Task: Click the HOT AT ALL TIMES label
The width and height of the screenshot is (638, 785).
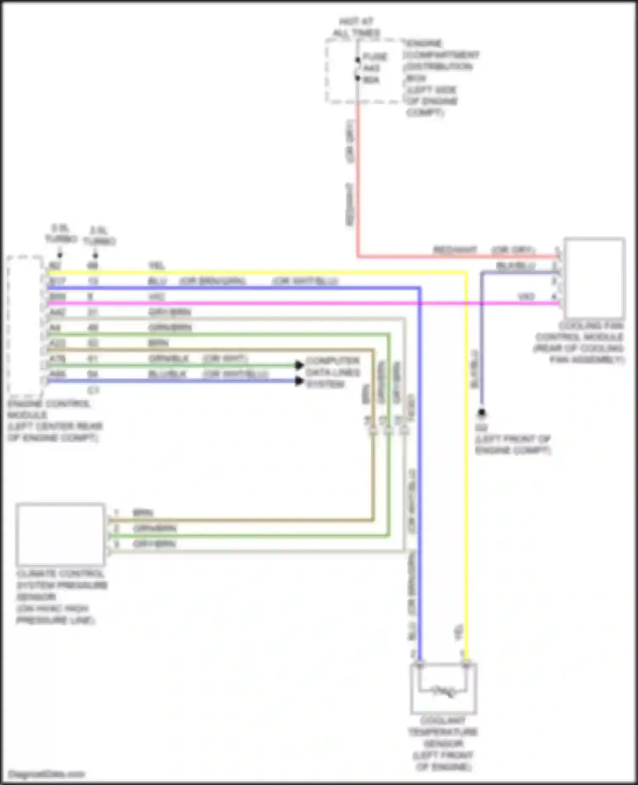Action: (356, 27)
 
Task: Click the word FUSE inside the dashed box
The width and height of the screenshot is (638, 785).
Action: (375, 57)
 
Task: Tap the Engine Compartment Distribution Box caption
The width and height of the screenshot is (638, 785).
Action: (441, 78)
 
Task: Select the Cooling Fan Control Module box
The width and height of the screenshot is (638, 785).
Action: (594, 279)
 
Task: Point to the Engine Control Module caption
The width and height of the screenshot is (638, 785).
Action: (55, 421)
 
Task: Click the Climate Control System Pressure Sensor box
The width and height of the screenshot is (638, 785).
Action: (60, 535)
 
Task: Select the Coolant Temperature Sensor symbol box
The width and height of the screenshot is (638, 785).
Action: (443, 688)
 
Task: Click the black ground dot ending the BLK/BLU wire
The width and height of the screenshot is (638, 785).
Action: (481, 412)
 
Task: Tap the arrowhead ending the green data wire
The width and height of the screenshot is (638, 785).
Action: (299, 365)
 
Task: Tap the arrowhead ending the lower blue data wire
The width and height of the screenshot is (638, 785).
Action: (299, 381)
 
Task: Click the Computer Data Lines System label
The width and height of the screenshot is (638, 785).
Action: (333, 373)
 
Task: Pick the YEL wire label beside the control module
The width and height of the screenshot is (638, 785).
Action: (157, 266)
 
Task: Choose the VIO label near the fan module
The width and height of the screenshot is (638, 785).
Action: (526, 296)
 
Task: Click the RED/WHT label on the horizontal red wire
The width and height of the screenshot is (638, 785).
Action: (455, 250)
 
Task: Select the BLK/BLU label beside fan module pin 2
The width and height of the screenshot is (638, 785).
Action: (516, 266)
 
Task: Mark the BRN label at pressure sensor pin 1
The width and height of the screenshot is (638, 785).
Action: (143, 512)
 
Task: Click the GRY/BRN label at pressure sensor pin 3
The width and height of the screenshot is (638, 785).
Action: (154, 544)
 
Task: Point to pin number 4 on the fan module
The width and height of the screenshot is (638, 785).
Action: (554, 296)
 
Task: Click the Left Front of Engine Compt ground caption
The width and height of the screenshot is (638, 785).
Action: (513, 444)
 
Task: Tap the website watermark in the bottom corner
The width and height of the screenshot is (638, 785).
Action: (47, 774)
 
